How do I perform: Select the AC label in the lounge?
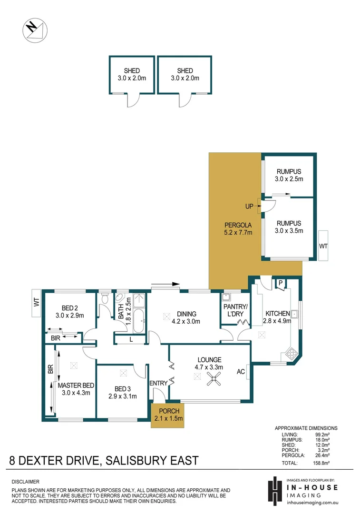[x=241, y=372]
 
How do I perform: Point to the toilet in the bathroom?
[x=106, y=299]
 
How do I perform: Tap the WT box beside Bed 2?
[x=36, y=303]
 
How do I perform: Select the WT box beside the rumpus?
[x=324, y=246]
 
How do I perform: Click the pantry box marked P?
[x=281, y=284]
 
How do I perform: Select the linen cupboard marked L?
[x=131, y=339]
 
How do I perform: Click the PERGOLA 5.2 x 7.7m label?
[x=238, y=229]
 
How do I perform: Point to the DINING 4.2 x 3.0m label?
[x=186, y=317]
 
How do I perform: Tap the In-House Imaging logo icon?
[x=273, y=490]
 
